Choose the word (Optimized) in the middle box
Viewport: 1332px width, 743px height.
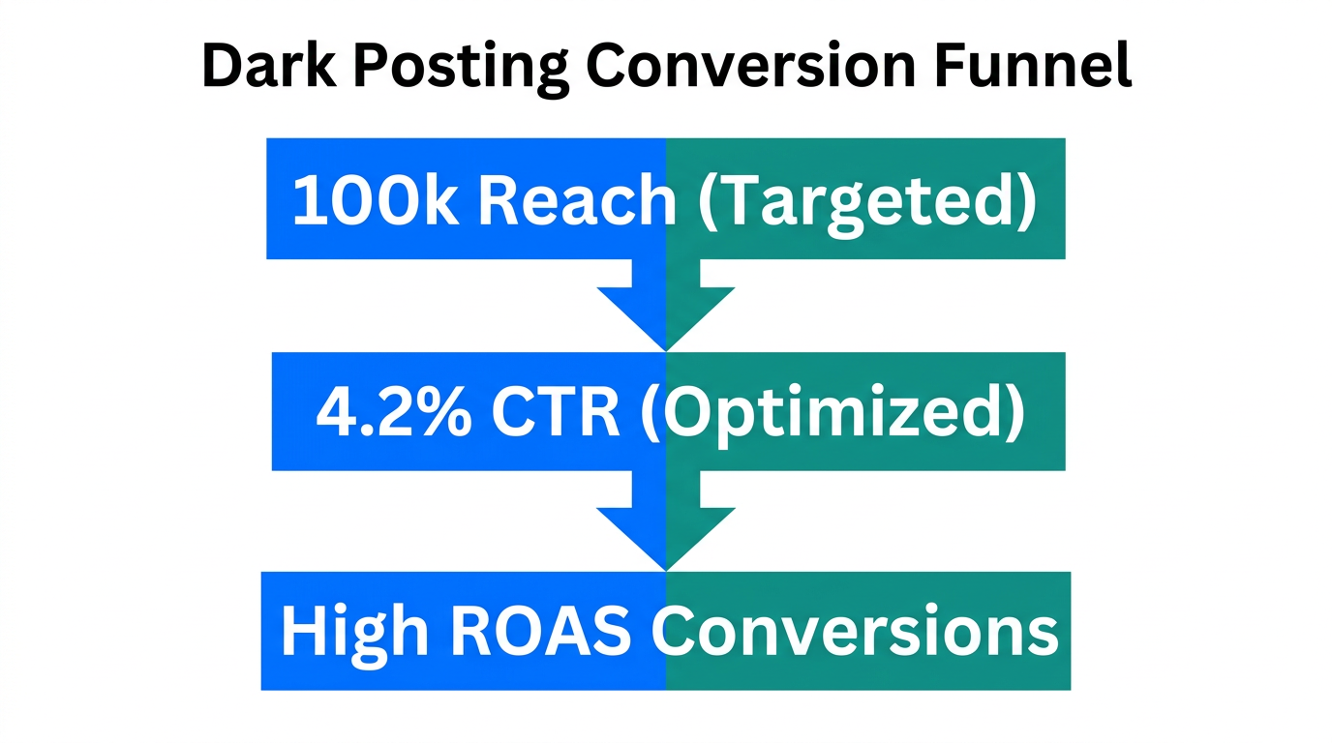tap(832, 414)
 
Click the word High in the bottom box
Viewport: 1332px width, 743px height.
tap(353, 632)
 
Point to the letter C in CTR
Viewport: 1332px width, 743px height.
tap(513, 412)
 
